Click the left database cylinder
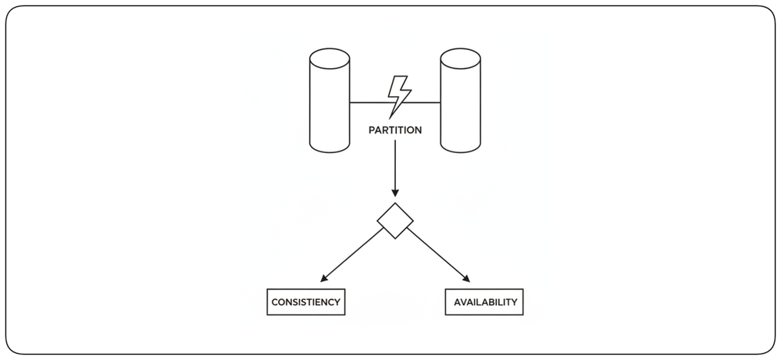[x=330, y=101]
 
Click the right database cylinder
[x=460, y=101]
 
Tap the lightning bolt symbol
[x=399, y=97]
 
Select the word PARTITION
[x=395, y=130]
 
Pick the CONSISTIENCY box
[x=306, y=301]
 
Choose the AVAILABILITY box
[x=484, y=301]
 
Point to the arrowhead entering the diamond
[x=395, y=193]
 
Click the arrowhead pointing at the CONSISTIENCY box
[x=324, y=279]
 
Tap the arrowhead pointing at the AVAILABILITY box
[x=466, y=279]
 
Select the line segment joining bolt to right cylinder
[x=423, y=102]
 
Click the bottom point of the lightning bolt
[x=389, y=119]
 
